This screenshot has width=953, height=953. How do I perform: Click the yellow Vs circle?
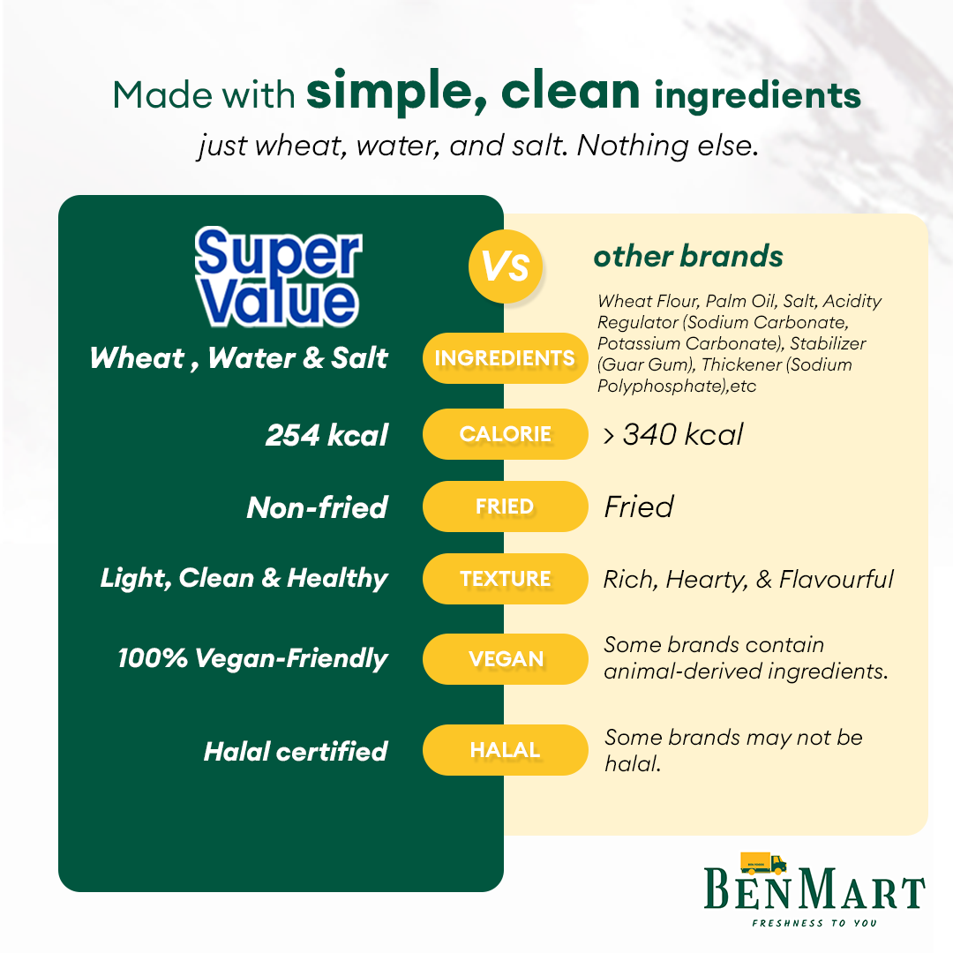(505, 266)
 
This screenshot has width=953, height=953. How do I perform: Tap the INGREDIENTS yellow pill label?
(505, 358)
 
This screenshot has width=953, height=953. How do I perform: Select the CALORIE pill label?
(505, 434)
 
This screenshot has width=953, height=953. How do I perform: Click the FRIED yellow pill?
(505, 507)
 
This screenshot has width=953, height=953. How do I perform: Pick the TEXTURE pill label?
(505, 579)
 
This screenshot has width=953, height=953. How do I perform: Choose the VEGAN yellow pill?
(505, 659)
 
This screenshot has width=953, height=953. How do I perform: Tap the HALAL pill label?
(505, 750)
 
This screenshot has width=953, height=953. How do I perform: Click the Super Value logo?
(278, 276)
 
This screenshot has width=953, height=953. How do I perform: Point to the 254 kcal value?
(326, 434)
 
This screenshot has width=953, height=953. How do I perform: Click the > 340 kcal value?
(672, 434)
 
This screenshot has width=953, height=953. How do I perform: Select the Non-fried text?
(317, 507)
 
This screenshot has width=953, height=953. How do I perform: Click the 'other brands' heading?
(688, 256)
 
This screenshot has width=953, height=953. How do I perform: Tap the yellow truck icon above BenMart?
(762, 863)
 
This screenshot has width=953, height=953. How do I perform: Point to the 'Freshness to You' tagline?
(814, 923)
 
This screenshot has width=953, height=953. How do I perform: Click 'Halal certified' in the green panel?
(296, 751)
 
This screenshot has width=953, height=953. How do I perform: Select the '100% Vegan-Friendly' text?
(253, 658)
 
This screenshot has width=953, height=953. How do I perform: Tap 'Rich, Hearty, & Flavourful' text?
(748, 579)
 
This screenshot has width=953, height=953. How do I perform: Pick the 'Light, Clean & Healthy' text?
(244, 578)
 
